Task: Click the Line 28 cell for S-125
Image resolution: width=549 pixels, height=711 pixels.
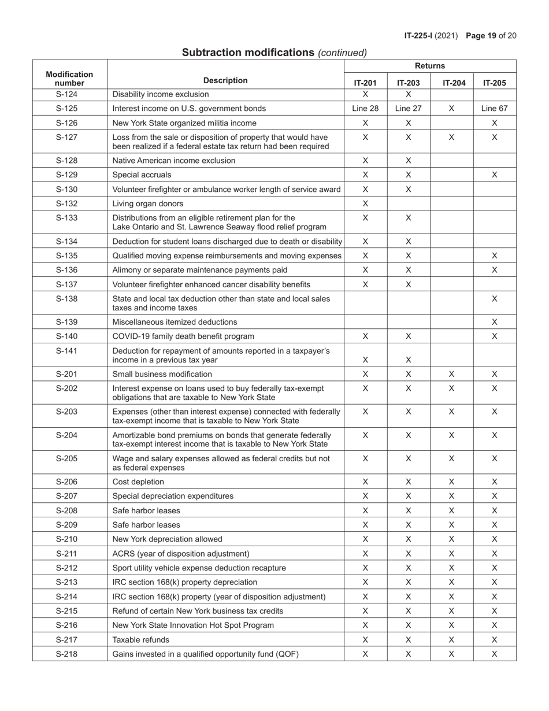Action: point(365,109)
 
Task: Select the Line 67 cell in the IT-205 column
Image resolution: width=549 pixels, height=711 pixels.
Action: point(494,109)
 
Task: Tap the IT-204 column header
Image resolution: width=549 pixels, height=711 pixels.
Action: point(451,83)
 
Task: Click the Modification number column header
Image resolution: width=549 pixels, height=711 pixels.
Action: point(69,79)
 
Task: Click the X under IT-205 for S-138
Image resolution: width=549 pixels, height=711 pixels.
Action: point(494,299)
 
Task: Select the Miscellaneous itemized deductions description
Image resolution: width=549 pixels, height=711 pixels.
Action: point(175,322)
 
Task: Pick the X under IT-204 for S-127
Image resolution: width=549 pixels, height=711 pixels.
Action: point(451,138)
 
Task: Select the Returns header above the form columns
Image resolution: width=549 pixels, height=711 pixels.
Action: point(430,66)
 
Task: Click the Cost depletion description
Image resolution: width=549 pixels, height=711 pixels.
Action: point(138,482)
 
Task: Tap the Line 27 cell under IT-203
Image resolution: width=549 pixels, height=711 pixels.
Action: point(408,109)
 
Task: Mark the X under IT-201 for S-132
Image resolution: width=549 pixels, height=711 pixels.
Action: point(365,203)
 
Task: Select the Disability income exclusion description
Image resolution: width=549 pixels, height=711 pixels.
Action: point(161,94)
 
